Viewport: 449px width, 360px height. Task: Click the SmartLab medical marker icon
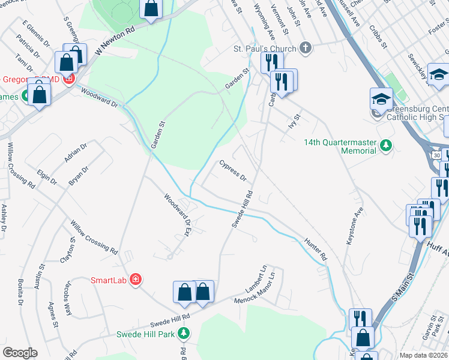136,280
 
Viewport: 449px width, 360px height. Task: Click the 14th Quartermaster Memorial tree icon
387,144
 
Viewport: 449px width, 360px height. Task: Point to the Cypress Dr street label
233,170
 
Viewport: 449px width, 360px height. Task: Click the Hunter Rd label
316,248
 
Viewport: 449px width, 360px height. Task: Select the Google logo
20,352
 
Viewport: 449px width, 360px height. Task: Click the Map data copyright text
423,355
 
